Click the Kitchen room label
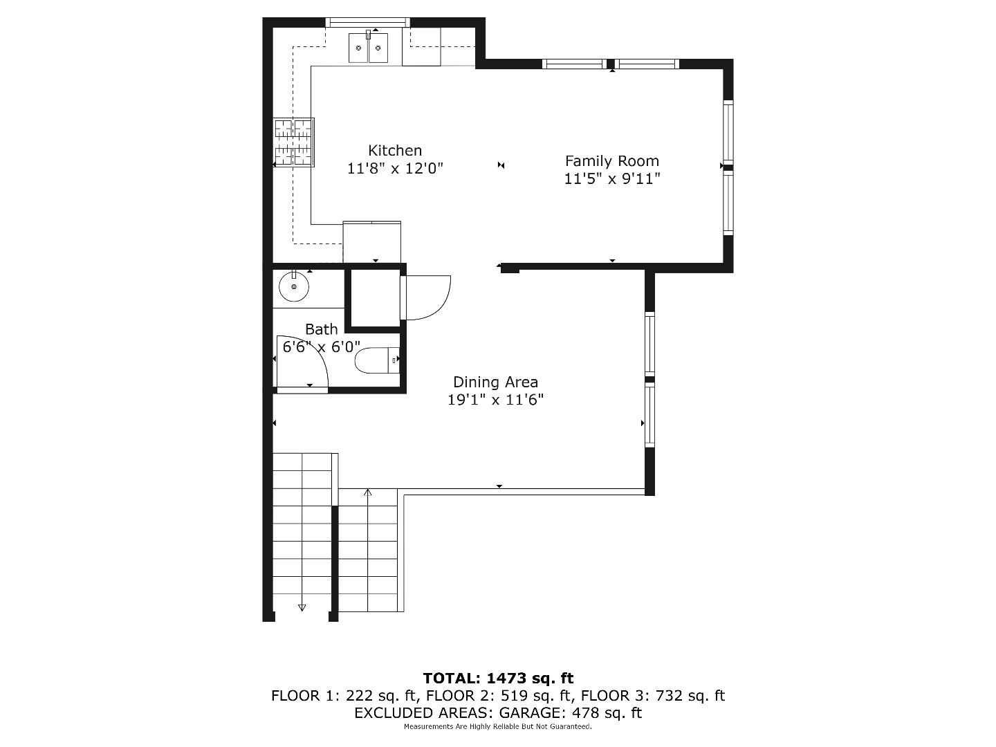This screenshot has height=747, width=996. tap(394, 150)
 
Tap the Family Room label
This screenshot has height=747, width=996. tap(611, 161)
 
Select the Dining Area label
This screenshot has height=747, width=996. tap(495, 382)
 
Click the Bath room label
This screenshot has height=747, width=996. tap(322, 329)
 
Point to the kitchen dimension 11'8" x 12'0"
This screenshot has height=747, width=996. tap(394, 168)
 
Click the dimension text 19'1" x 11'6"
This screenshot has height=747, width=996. tap(495, 400)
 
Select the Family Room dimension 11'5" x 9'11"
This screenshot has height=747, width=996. tap(611, 179)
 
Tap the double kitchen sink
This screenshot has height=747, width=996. tap(368, 48)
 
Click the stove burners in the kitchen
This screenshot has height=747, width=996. tap(294, 142)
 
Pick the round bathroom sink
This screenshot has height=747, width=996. tap(294, 286)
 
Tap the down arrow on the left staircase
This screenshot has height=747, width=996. tap(302, 607)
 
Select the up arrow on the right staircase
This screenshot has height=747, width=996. tap(368, 493)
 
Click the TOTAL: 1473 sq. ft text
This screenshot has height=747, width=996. tap(498, 679)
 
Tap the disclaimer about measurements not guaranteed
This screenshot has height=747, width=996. tap(498, 727)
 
